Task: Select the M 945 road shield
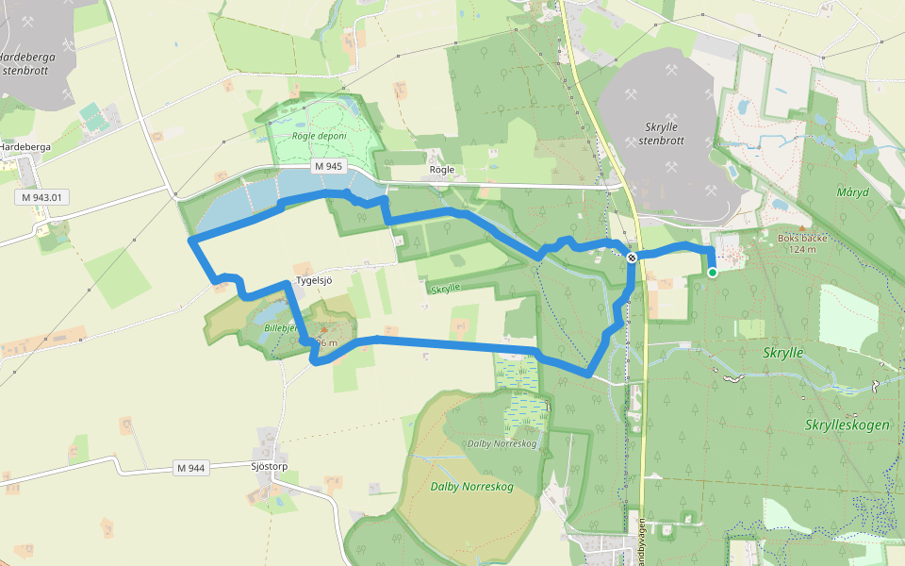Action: [329, 167]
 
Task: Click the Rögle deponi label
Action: [319, 136]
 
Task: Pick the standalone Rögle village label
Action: [442, 170]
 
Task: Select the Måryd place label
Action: [852, 191]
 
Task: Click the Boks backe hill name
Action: [801, 238]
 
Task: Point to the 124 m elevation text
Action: [802, 249]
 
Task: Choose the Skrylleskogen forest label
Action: [847, 425]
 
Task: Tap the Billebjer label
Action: [280, 327]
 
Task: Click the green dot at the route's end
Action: [713, 273]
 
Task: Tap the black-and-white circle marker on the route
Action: [632, 258]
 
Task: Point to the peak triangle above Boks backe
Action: [801, 227]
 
